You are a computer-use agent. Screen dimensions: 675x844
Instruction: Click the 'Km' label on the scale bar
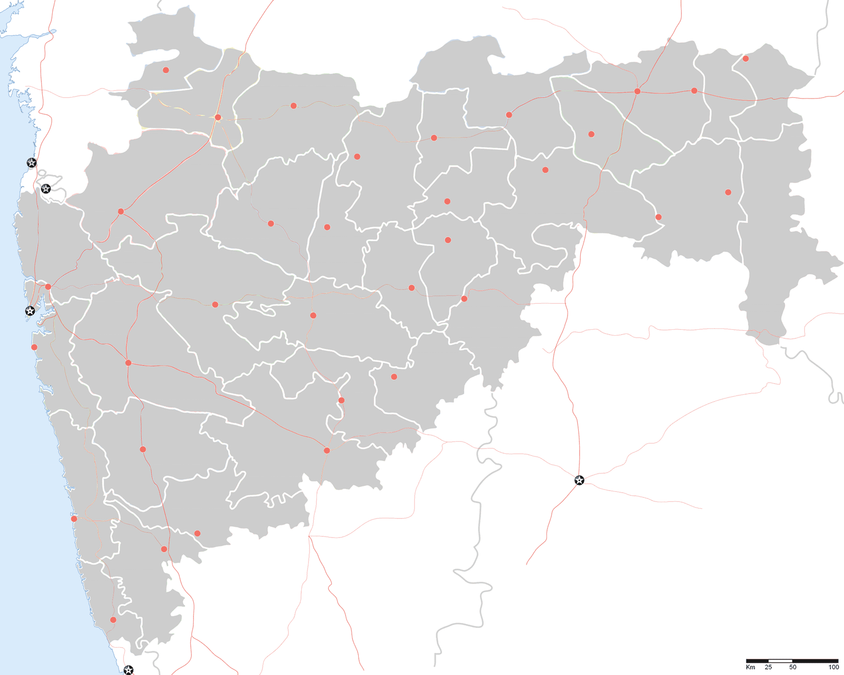point(750,667)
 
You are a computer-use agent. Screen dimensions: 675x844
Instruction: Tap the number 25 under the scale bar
point(769,667)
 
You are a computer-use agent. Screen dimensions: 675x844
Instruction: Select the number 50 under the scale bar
point(792,667)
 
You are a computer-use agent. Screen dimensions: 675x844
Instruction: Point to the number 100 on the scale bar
point(833,667)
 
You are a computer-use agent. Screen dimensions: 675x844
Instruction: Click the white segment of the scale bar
point(780,661)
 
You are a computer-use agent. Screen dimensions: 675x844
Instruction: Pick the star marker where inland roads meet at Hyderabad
point(579,480)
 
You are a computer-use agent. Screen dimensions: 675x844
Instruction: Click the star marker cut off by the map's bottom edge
point(128,670)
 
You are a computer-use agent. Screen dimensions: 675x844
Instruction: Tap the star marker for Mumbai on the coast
point(30,311)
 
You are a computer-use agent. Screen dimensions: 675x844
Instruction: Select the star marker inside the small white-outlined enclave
point(46,188)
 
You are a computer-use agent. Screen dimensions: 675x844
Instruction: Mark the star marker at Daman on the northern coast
point(32,163)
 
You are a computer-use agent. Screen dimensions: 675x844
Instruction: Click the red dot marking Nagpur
point(637,91)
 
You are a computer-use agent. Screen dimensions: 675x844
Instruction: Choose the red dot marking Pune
point(128,363)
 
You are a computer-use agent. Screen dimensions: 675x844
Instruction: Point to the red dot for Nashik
point(121,211)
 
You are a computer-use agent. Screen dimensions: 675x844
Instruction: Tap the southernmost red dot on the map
point(113,620)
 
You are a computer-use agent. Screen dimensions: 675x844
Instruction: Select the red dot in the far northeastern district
point(745,58)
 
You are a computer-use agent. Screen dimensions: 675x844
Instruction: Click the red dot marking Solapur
point(327,451)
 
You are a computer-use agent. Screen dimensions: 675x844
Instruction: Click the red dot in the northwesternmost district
point(166,70)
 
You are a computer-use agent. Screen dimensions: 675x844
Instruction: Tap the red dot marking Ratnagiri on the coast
point(74,519)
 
